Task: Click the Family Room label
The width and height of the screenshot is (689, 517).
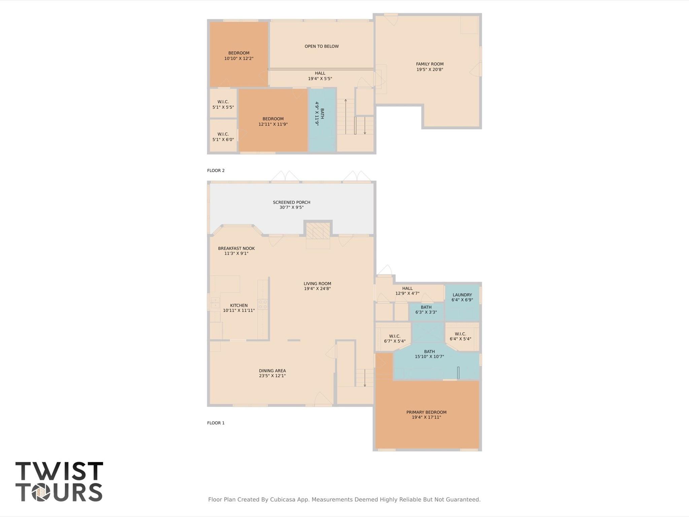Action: tap(429, 64)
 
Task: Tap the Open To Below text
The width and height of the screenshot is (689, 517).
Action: tap(321, 46)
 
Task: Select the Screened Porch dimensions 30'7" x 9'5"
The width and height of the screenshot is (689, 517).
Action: tap(291, 207)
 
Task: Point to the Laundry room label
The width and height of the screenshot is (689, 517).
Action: tap(462, 295)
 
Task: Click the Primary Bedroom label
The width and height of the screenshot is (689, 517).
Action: tap(426, 412)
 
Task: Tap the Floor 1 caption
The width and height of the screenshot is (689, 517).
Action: tap(216, 423)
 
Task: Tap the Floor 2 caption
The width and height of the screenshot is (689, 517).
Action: tap(216, 170)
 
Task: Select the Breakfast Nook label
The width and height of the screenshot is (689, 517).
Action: tap(236, 249)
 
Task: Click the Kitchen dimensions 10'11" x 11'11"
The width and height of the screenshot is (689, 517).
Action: tap(239, 311)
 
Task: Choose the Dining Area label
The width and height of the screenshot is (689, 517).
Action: tap(272, 371)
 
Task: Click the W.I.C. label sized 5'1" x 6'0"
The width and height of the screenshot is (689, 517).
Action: tap(223, 137)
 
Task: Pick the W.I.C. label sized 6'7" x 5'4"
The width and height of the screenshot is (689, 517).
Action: tap(394, 338)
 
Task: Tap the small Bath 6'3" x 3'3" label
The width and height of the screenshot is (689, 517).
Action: tap(426, 310)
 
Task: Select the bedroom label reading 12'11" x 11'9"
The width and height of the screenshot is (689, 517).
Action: tap(273, 122)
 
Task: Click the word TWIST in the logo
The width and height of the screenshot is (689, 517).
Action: tap(59, 471)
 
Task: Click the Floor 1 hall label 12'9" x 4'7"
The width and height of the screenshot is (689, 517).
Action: tap(407, 291)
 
